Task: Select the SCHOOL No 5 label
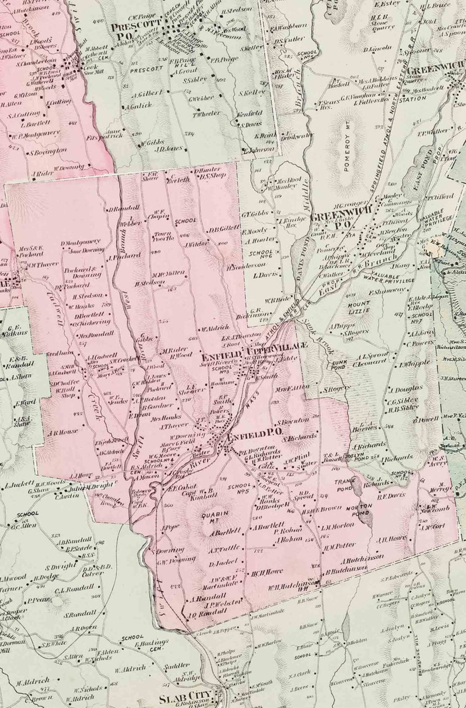coord(239,489)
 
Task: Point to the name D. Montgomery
coord(81,242)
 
